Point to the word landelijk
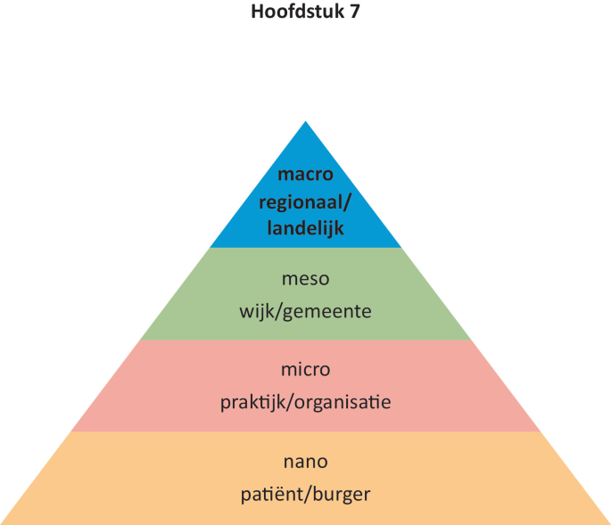point(305,229)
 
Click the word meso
point(305,279)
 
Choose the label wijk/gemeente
point(305,312)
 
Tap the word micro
point(305,369)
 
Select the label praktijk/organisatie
point(305,402)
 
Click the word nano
point(305,462)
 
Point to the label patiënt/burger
point(305,494)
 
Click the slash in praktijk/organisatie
point(285,402)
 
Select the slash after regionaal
point(347,202)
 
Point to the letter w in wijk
point(246,312)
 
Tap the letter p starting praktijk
point(225,404)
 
